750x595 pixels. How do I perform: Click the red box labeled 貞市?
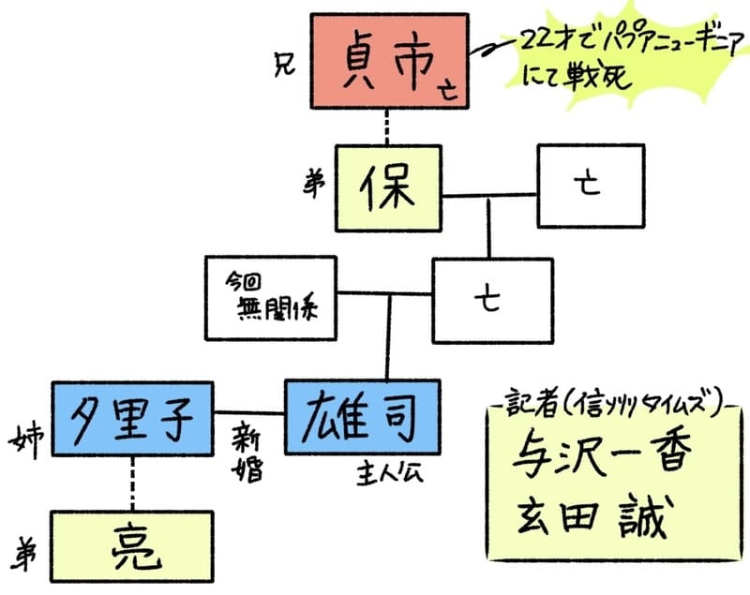tap(388, 60)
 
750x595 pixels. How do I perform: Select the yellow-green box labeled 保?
tap(389, 188)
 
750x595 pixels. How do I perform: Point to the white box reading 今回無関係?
tap(270, 296)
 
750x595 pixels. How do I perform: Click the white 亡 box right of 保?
tap(590, 186)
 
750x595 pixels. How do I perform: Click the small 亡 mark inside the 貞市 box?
tap(449, 91)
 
